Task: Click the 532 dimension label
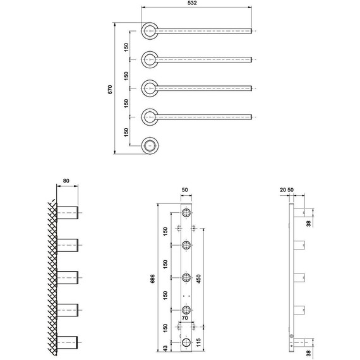192,4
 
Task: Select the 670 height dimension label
110,89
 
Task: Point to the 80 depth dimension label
66,181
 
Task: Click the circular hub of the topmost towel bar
149,30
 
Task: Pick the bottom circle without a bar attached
149,145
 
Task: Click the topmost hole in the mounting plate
186,212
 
